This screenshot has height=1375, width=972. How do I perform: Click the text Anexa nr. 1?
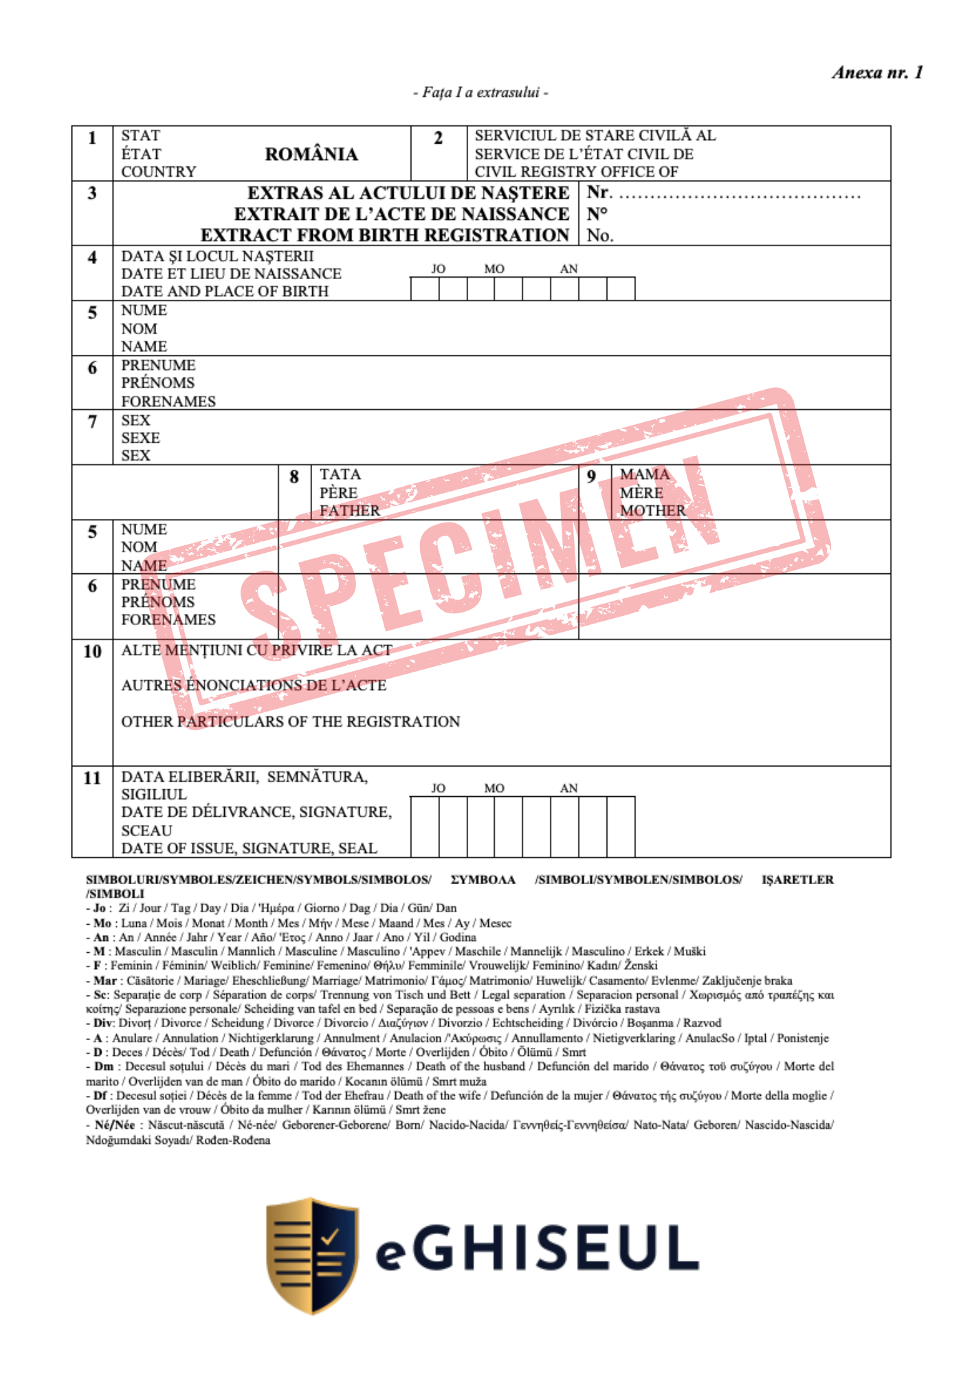tap(877, 72)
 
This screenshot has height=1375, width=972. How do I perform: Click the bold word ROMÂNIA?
tap(311, 154)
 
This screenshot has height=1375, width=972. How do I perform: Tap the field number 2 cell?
tap(438, 138)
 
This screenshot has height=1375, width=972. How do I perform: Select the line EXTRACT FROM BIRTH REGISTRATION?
tap(385, 235)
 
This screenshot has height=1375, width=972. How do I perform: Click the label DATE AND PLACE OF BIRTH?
tap(225, 291)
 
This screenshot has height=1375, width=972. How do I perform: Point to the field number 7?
tap(92, 421)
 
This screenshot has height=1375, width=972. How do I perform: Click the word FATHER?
tap(349, 510)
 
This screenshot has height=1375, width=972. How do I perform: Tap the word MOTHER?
tap(652, 510)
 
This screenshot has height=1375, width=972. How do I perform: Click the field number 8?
tap(294, 476)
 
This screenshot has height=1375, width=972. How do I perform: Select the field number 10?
tap(92, 651)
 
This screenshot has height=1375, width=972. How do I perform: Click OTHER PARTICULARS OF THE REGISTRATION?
tap(290, 721)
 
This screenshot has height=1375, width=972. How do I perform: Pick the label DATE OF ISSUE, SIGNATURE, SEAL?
tap(249, 848)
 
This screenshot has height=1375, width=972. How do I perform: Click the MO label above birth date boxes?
tap(494, 269)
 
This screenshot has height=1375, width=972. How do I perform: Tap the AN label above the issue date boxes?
tap(568, 788)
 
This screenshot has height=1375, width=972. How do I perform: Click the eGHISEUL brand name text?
tap(537, 1248)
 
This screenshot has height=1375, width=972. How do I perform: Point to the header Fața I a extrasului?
tap(481, 92)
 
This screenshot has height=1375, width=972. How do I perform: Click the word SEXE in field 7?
tap(140, 438)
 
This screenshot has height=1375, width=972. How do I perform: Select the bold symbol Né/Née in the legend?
tap(114, 1125)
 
